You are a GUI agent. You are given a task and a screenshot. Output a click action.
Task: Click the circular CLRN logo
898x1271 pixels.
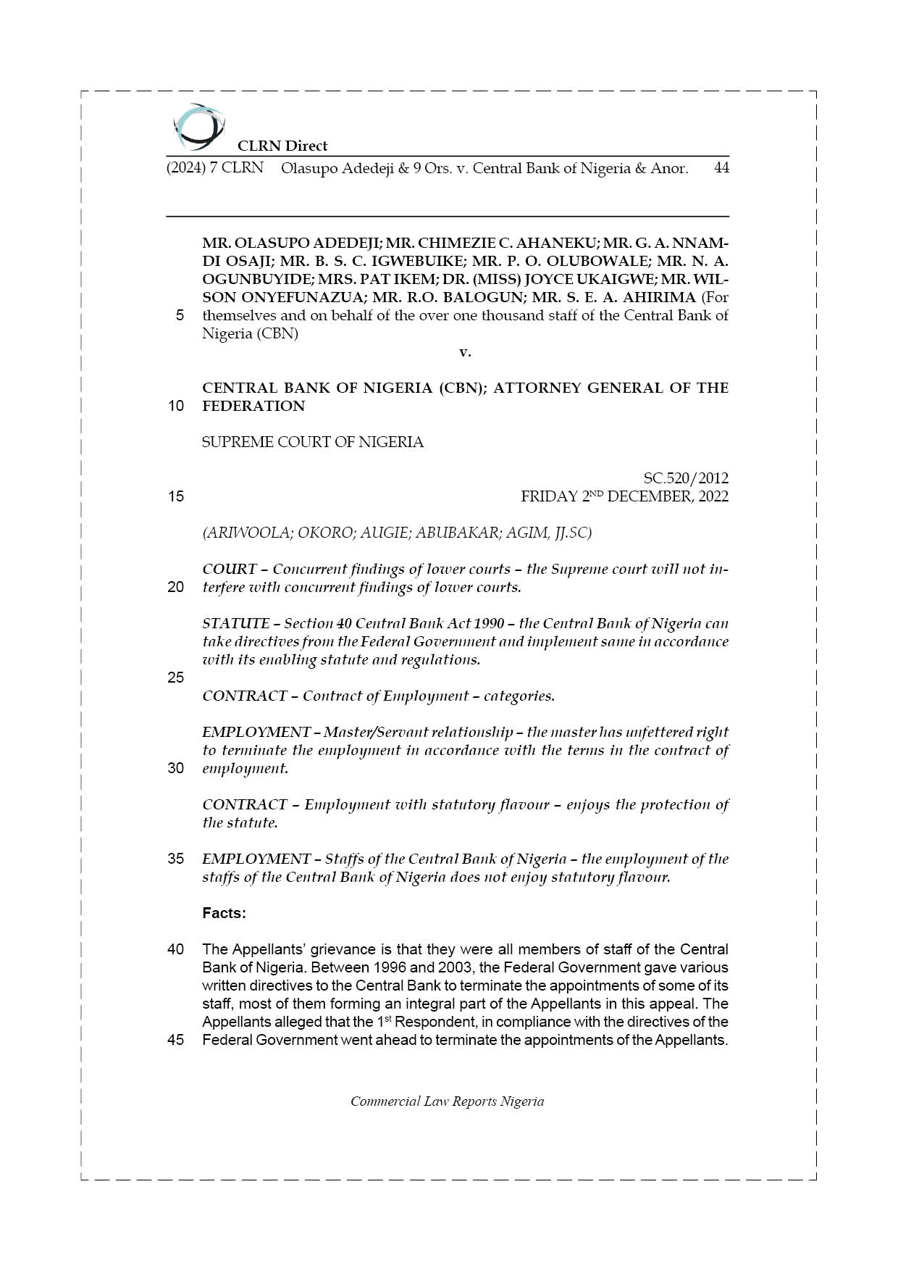point(198,127)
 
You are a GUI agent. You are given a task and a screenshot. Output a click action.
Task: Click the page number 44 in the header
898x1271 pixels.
point(721,168)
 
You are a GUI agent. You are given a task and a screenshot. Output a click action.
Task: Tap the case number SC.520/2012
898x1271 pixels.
point(686,478)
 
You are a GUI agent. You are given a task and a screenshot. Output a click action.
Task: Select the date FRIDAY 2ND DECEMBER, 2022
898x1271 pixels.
point(624,496)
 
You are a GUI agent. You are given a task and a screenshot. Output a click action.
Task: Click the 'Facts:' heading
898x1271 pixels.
point(224,913)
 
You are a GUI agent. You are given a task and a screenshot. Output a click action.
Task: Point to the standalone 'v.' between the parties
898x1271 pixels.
point(465,352)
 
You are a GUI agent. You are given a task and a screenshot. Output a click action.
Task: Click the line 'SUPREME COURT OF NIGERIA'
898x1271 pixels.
point(313,442)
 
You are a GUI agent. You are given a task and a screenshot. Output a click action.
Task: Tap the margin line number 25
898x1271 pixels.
point(176,678)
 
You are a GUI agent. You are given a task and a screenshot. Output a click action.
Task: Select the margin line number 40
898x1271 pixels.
point(176,949)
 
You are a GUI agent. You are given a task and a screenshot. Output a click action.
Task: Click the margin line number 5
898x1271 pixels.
point(180,316)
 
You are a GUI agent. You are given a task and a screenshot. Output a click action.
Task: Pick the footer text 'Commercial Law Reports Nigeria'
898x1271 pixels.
point(447,1101)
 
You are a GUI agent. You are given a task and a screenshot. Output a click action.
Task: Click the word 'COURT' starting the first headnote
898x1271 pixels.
point(229,569)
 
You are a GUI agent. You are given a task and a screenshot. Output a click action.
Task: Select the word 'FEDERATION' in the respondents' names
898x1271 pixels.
point(253,406)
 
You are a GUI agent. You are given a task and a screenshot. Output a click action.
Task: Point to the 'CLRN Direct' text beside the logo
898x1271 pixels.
point(282,146)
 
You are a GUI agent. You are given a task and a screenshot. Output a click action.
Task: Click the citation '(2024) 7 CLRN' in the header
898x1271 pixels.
point(215,168)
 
